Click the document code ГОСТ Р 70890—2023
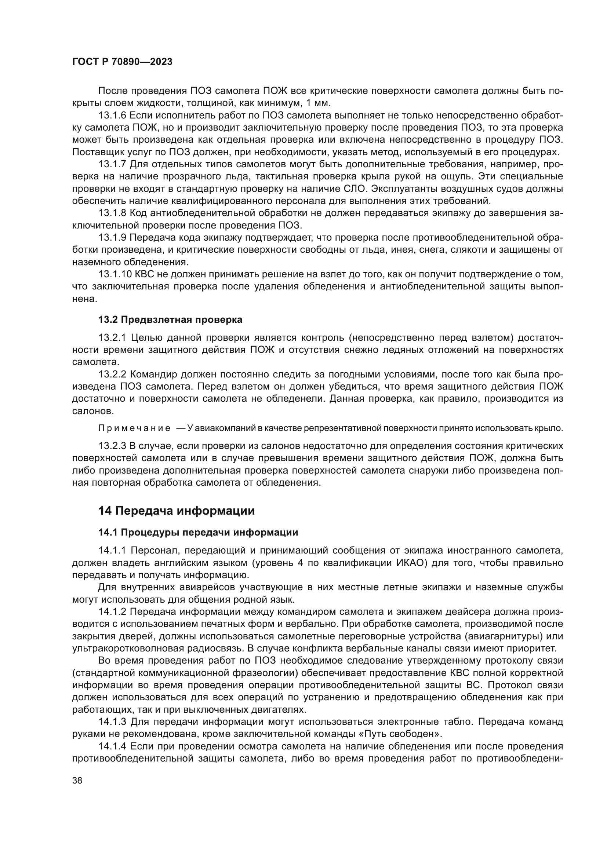(122, 62)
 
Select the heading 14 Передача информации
(177, 511)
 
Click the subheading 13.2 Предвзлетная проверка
(170, 320)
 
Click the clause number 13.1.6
(113, 116)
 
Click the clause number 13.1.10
(115, 274)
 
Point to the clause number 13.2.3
(113, 446)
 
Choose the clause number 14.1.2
(113, 612)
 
